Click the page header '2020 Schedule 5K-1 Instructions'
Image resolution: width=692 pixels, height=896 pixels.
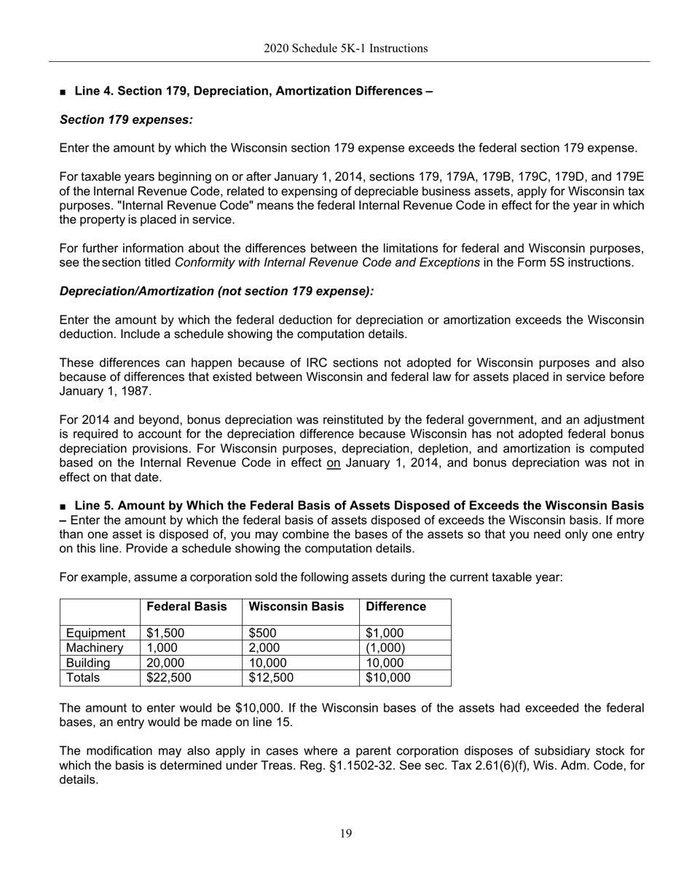pyautogui.click(x=345, y=49)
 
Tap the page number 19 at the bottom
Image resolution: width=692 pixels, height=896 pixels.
pyautogui.click(x=345, y=834)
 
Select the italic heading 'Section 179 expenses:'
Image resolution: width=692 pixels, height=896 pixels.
pyautogui.click(x=126, y=119)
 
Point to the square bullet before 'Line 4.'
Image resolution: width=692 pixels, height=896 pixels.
pyautogui.click(x=64, y=93)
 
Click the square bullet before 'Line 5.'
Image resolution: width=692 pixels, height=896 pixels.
pyautogui.click(x=64, y=506)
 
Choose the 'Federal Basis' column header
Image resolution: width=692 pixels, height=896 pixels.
pyautogui.click(x=186, y=607)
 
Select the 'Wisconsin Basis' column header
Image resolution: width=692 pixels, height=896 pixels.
pyautogui.click(x=296, y=607)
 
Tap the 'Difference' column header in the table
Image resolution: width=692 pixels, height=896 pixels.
pyautogui.click(x=396, y=607)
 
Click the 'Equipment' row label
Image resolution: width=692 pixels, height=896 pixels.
pyautogui.click(x=95, y=633)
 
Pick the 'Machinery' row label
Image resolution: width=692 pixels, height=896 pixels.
pyautogui.click(x=95, y=648)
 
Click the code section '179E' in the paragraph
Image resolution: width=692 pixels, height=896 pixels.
pyautogui.click(x=629, y=177)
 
